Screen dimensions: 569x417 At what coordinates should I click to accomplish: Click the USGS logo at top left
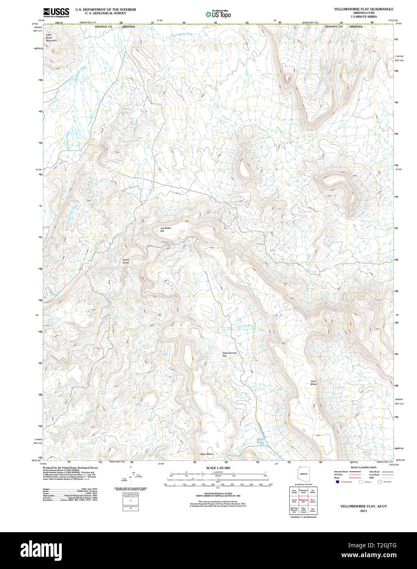coord(56,12)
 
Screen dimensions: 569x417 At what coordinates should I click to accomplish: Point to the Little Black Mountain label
coord(51,38)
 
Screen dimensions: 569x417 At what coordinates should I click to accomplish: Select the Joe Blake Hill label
coord(165,230)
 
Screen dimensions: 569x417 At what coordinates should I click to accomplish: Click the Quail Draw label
coord(126,261)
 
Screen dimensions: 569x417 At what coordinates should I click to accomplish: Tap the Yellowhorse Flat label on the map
coord(229,354)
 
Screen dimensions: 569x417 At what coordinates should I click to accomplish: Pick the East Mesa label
coord(313,383)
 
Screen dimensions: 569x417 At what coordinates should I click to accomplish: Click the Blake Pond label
coord(261,441)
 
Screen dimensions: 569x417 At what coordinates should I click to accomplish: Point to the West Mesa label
coord(207,454)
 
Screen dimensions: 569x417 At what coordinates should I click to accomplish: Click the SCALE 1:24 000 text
coord(218,468)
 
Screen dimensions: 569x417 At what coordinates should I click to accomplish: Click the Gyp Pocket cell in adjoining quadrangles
coord(313,510)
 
